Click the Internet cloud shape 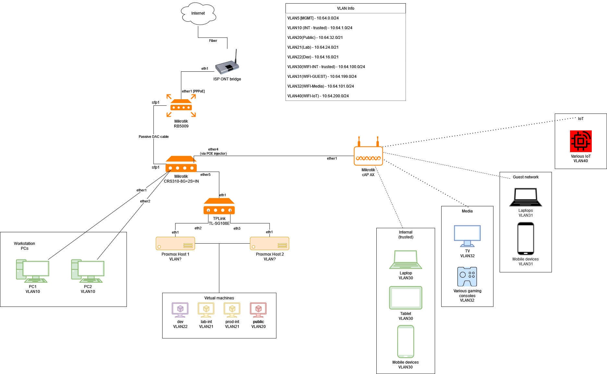[x=198, y=14]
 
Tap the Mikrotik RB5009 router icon [x=181, y=106]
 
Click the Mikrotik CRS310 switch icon [x=181, y=164]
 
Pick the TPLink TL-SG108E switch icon [x=219, y=206]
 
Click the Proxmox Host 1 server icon [x=175, y=243]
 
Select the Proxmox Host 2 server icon [x=269, y=243]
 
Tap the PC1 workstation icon [x=32, y=271]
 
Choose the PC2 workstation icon [x=88, y=271]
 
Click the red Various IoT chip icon [x=581, y=141]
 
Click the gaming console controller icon [x=467, y=276]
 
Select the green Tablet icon [x=406, y=297]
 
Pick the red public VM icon [x=258, y=310]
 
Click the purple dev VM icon [x=180, y=310]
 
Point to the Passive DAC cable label [x=154, y=137]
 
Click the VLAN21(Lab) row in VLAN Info [x=313, y=47]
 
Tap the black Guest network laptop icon [x=526, y=197]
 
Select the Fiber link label [x=213, y=41]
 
